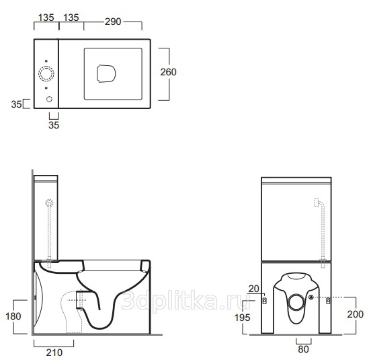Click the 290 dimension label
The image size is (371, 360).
click(x=113, y=22)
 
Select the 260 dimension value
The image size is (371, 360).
click(x=168, y=72)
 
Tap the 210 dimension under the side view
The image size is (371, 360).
click(x=54, y=353)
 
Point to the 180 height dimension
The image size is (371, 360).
click(x=13, y=316)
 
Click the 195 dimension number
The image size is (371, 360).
click(x=242, y=318)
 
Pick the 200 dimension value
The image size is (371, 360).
click(x=355, y=314)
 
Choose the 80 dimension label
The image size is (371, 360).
click(x=303, y=349)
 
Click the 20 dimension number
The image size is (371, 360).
click(x=254, y=289)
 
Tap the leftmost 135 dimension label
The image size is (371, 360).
click(x=46, y=17)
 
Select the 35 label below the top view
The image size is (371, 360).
click(x=54, y=125)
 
